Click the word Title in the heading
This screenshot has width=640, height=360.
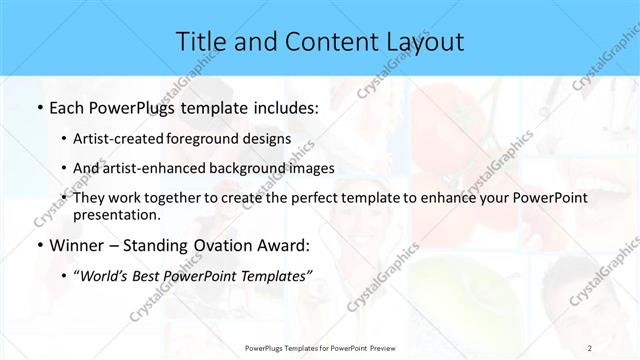tap(200, 41)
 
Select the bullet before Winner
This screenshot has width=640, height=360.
tap(38, 245)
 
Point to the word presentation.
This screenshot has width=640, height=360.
tap(123, 215)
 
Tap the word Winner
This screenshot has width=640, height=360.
tap(79, 245)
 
